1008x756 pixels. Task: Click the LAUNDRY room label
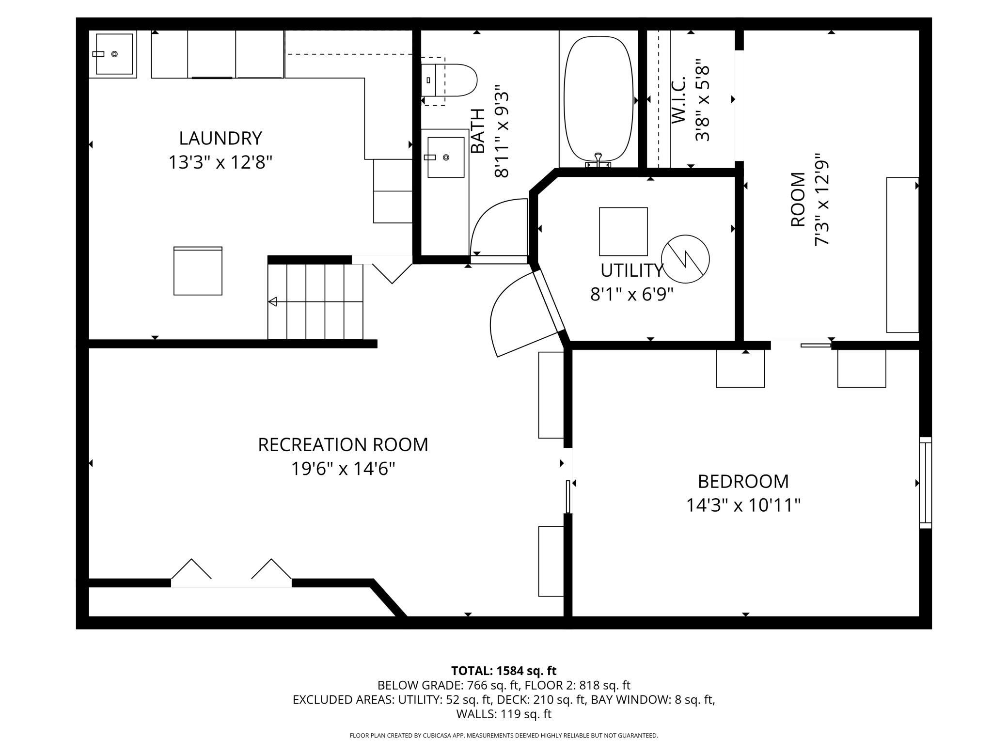click(220, 138)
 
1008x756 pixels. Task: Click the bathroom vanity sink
click(446, 157)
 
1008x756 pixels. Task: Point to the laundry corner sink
click(114, 54)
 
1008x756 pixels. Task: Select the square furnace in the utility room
click(623, 232)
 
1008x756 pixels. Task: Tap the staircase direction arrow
click(315, 301)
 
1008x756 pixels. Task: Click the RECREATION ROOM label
click(343, 444)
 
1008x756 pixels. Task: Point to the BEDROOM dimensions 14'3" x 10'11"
click(743, 505)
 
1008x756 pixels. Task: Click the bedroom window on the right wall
click(925, 483)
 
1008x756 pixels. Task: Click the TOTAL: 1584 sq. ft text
click(504, 671)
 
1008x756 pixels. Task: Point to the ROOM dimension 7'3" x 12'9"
click(822, 200)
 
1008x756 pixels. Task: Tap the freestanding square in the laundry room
click(198, 271)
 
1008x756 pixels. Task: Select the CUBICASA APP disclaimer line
click(504, 735)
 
